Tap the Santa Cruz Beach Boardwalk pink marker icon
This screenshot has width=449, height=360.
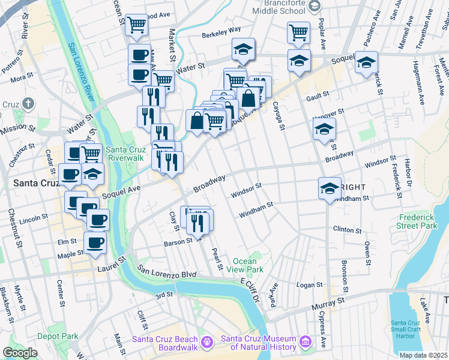pyautogui.click(x=208, y=342)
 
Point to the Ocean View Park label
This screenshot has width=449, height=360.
pyautogui.click(x=248, y=266)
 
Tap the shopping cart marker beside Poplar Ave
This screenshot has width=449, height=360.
pyautogui.click(x=298, y=32)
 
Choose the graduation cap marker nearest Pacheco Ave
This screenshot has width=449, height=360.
pyautogui.click(x=366, y=63)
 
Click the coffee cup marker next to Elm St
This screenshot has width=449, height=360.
pyautogui.click(x=95, y=243)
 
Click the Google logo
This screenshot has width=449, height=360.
pyautogui.click(x=20, y=353)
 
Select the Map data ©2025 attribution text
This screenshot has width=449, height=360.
pyautogui.click(x=423, y=355)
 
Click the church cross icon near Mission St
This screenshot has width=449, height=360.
pyautogui.click(x=28, y=104)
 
